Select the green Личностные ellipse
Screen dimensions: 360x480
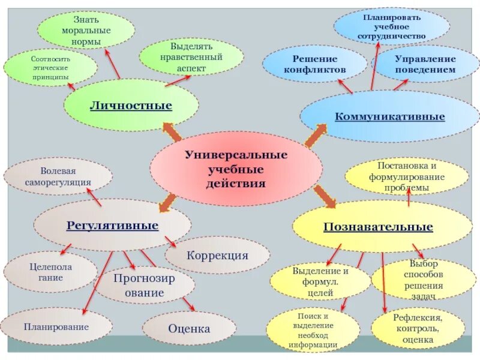click(131, 106)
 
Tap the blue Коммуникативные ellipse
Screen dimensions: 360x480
click(389, 116)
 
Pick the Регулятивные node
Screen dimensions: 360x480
click(112, 226)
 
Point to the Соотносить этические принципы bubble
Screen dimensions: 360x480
click(50, 68)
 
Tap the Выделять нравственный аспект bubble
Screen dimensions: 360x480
click(191, 58)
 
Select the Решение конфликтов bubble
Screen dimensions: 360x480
click(315, 64)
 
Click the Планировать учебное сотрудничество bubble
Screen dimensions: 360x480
click(391, 27)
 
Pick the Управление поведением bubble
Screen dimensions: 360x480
click(425, 64)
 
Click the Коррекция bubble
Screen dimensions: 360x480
click(217, 255)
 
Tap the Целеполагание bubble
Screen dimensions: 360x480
click(50, 272)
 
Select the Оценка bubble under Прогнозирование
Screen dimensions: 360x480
click(189, 329)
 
